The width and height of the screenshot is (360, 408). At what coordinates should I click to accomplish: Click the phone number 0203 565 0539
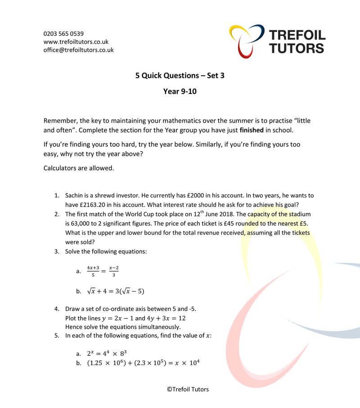63,34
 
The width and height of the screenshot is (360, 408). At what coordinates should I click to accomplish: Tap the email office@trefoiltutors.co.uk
78,50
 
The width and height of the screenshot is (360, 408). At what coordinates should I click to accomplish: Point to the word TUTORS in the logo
297,48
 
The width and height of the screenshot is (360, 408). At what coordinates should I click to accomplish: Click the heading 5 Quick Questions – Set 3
180,76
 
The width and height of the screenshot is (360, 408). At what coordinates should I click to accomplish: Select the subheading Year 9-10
180,92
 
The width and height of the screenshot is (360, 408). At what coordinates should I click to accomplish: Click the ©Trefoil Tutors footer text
188,390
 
